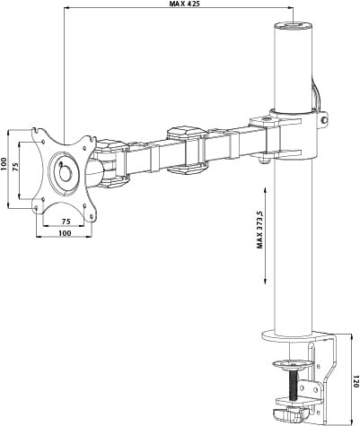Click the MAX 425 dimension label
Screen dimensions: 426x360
tap(186, 4)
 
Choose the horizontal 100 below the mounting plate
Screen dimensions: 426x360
tap(65, 233)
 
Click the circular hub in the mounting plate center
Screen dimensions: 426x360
tap(65, 170)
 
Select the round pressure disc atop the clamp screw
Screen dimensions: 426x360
tap(293, 364)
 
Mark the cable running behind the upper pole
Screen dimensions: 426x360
tap(315, 94)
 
